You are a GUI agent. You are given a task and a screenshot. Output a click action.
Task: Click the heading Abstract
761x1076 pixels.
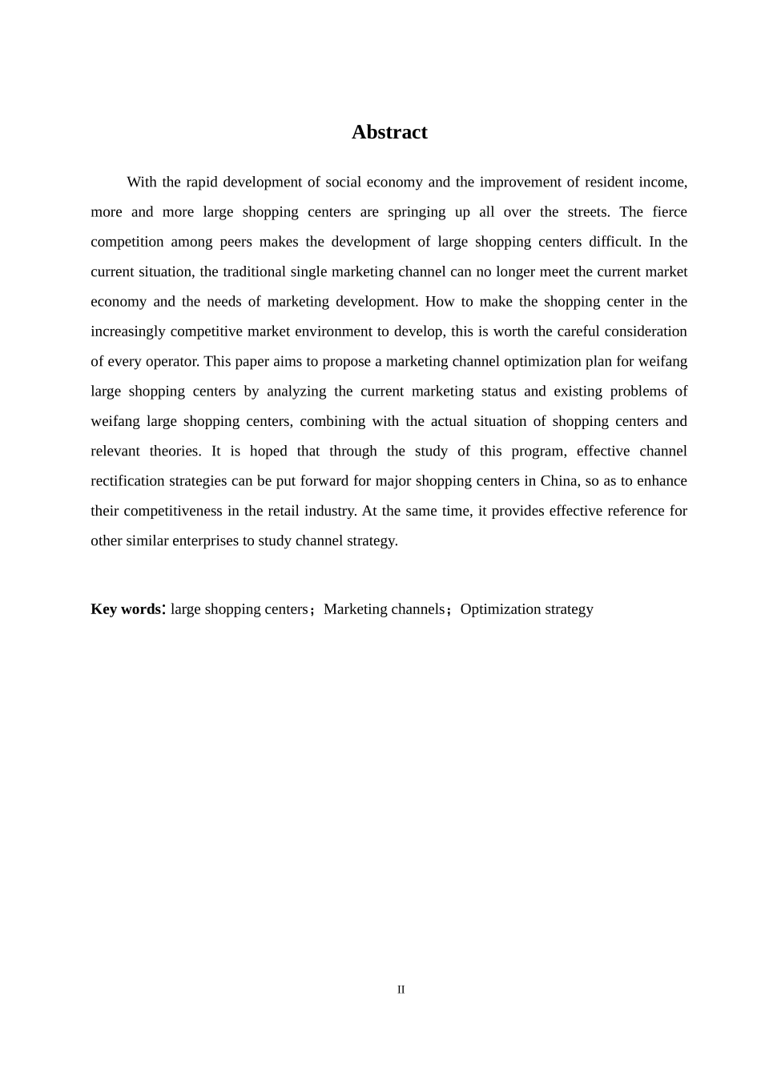pyautogui.click(x=389, y=132)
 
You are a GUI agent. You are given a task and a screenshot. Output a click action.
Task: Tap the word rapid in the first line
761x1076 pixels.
pyautogui.click(x=202, y=182)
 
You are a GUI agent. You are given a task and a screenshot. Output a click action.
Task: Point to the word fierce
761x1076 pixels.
pyautogui.click(x=670, y=212)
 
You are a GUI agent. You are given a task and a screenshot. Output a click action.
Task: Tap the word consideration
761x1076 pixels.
pyautogui.click(x=646, y=331)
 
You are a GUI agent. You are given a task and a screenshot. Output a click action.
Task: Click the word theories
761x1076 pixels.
pyautogui.click(x=175, y=451)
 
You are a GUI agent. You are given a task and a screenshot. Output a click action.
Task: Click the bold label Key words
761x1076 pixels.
pyautogui.click(x=126, y=609)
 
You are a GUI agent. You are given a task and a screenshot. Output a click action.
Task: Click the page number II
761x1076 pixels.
pyautogui.click(x=401, y=990)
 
